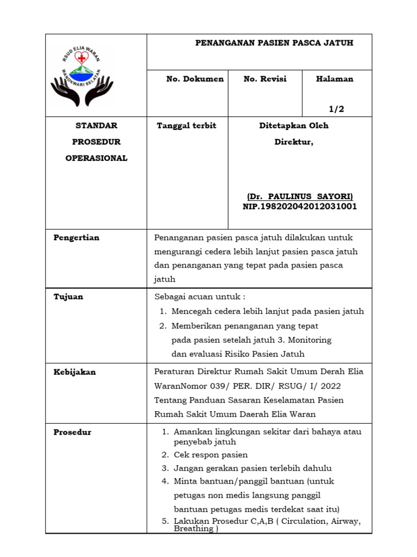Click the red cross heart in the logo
(x=81, y=58)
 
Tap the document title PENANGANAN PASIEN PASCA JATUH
(x=274, y=43)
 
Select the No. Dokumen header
(x=195, y=79)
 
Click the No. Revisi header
(x=265, y=79)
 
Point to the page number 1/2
(x=337, y=109)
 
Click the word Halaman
(x=334, y=79)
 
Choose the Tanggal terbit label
(x=186, y=126)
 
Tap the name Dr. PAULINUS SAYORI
(x=300, y=196)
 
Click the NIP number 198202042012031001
(x=300, y=207)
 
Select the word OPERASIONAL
(x=96, y=158)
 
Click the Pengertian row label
(x=77, y=238)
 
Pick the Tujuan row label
(x=68, y=296)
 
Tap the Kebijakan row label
(x=74, y=372)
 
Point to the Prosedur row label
(x=72, y=432)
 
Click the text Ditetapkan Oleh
(x=294, y=126)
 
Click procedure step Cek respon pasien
(x=211, y=455)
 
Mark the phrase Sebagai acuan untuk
(x=200, y=296)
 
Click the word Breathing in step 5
(x=193, y=529)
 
